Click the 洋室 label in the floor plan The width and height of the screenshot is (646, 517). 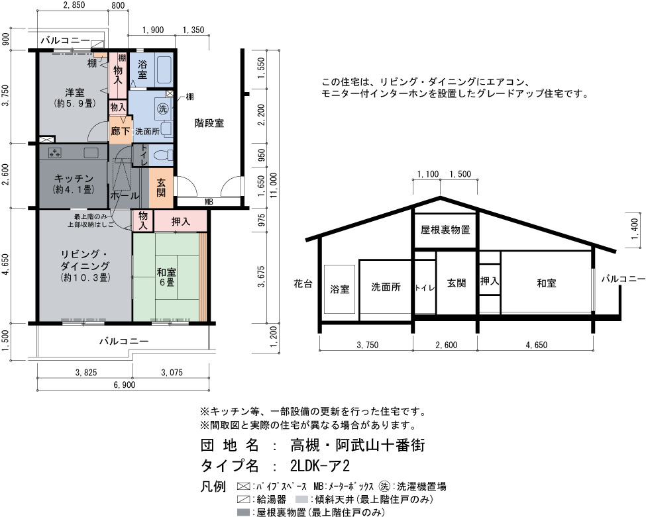(75, 93)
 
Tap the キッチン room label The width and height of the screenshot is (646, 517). (74, 178)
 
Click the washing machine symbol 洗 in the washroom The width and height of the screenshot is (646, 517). (163, 109)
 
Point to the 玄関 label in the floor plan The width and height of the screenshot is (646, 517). (161, 187)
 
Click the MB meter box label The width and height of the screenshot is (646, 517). (209, 202)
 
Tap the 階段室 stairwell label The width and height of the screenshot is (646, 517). (209, 122)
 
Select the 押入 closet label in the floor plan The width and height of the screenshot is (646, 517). (180, 222)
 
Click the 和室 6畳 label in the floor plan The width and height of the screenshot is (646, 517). (166, 277)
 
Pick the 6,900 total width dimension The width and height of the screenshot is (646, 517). (125, 385)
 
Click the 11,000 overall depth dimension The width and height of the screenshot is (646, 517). (274, 185)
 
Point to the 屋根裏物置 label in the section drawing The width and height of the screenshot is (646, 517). (445, 230)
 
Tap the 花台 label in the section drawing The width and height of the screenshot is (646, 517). (303, 283)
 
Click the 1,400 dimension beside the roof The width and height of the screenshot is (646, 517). (635, 229)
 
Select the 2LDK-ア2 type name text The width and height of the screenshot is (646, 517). (320, 465)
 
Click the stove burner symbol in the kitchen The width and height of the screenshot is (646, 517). (55, 152)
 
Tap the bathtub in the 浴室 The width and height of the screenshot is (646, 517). (163, 69)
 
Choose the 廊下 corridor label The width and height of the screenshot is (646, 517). (121, 131)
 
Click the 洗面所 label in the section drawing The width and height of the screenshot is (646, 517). (386, 287)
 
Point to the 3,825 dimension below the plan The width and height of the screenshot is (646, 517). (86, 373)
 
